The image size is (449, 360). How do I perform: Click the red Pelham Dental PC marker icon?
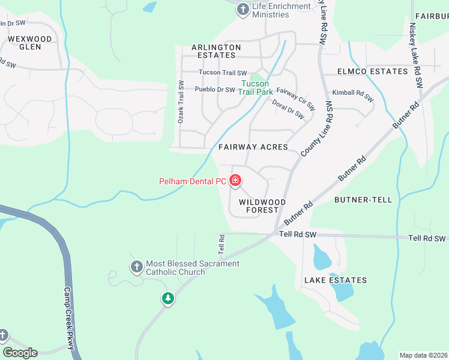click(235, 180)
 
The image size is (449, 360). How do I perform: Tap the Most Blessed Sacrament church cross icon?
click(136, 266)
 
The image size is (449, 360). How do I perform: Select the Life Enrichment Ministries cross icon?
click(243, 9)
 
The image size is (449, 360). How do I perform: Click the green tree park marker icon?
click(168, 298)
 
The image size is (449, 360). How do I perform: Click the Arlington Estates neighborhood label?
click(216, 52)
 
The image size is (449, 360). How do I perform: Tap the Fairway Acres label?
click(253, 147)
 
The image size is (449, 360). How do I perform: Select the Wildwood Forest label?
click(262, 206)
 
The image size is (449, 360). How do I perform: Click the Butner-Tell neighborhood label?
click(363, 200)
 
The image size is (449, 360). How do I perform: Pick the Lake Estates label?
click(335, 280)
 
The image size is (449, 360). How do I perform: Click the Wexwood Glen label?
click(30, 43)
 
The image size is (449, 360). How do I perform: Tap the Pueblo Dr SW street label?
click(214, 89)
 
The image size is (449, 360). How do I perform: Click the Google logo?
click(20, 353)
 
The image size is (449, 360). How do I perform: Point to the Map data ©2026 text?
click(423, 355)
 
